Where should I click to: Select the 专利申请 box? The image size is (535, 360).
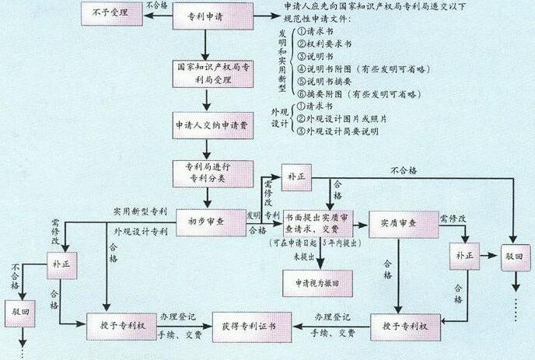(x=206, y=16)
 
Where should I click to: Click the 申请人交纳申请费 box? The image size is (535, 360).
(x=206, y=126)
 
